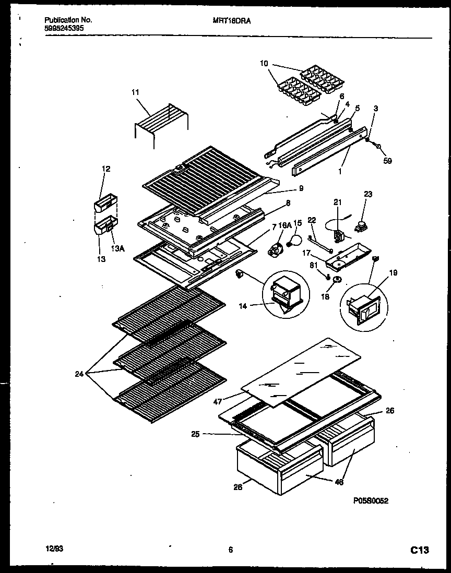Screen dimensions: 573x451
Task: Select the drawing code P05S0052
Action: [x=371, y=500]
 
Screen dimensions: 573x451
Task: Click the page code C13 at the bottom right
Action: [x=420, y=550]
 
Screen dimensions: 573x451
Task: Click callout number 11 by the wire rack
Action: [x=135, y=92]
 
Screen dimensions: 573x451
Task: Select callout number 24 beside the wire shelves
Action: [x=79, y=373]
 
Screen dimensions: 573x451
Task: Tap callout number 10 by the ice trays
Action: [x=264, y=64]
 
